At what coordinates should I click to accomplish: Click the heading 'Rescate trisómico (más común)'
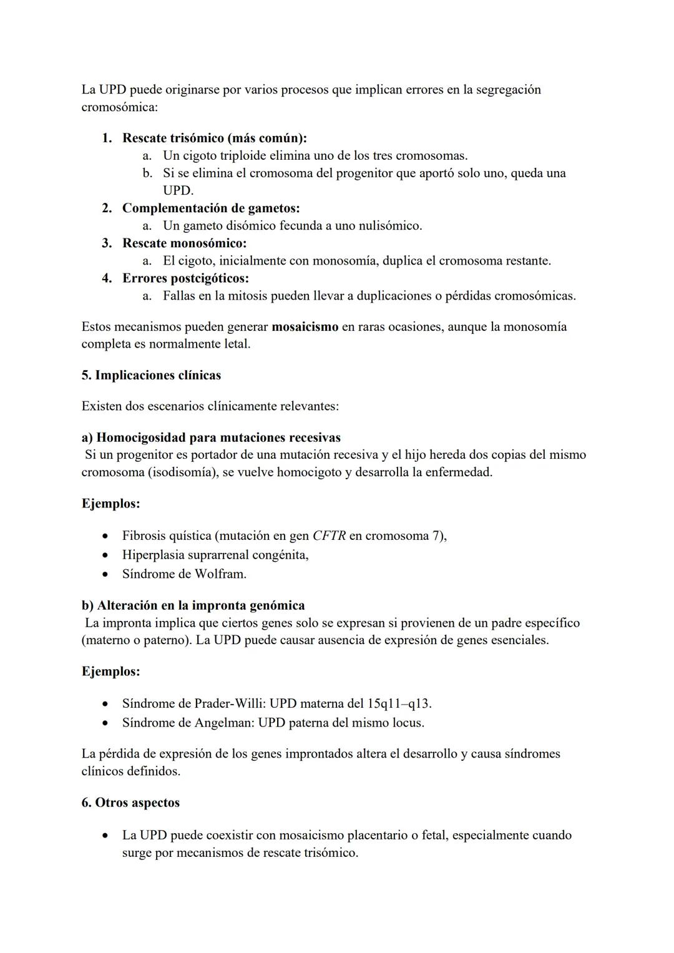coord(214,138)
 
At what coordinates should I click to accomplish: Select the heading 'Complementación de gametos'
coord(210,208)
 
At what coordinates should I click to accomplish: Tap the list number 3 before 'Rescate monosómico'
coord(107,243)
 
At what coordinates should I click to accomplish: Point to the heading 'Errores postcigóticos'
coord(185,278)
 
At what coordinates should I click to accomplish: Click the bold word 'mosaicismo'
coord(305,326)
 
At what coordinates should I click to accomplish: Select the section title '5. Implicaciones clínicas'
coord(151,375)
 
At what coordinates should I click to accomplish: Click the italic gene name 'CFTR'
coord(329,535)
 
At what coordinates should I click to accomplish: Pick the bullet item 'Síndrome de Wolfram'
coord(184,574)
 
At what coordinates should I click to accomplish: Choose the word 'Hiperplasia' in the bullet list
coord(153,554)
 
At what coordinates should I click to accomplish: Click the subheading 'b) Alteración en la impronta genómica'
coord(193,605)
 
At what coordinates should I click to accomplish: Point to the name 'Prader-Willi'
coord(230,703)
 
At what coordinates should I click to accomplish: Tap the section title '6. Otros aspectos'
coord(130,803)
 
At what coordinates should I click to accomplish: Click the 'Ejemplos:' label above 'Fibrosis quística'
coord(110,503)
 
